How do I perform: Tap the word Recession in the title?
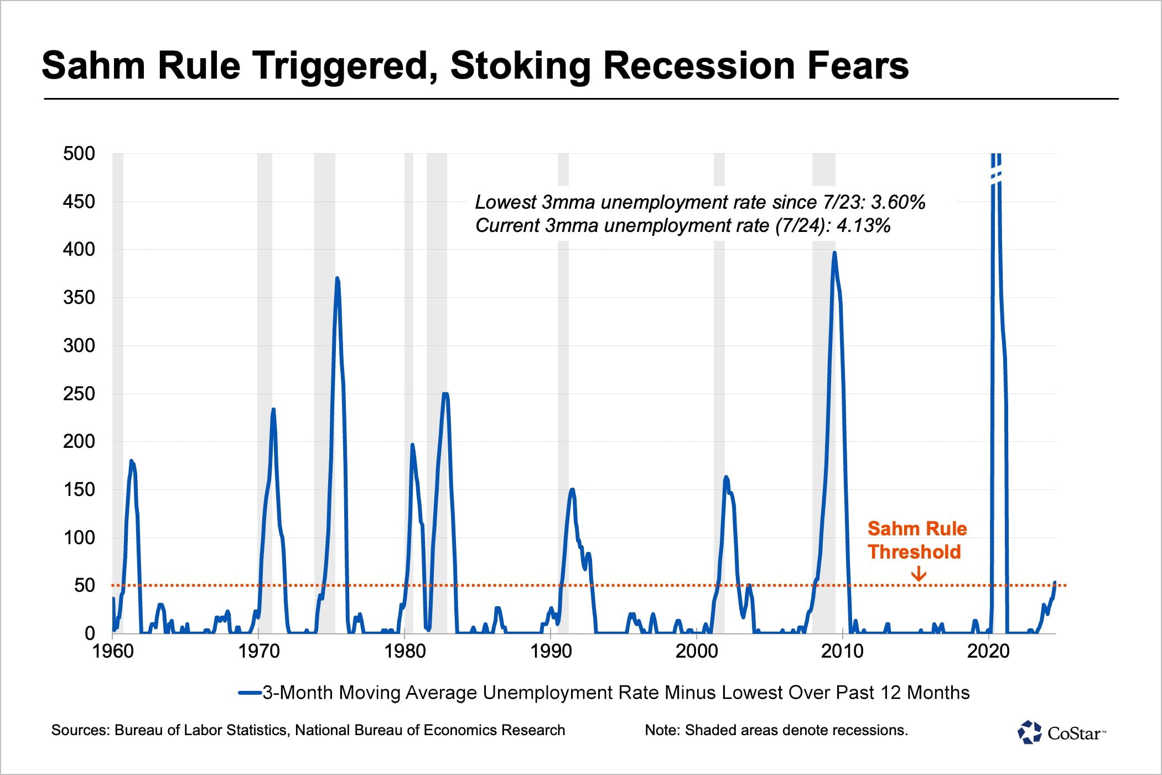[x=696, y=65]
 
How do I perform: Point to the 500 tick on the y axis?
[x=79, y=153]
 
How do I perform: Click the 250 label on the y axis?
[x=79, y=394]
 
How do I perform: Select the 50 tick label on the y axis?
[x=85, y=586]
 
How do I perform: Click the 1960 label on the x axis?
[x=113, y=652]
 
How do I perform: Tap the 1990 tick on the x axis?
[x=551, y=652]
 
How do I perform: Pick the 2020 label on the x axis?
[x=988, y=652]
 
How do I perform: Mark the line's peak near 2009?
[x=834, y=253]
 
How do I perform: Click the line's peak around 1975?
[x=337, y=278]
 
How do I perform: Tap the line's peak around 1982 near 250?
[x=445, y=394]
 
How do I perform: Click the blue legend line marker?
[x=250, y=693]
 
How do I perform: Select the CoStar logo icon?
[x=1030, y=732]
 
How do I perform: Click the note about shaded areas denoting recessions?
[x=776, y=730]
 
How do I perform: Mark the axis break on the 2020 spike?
[x=996, y=177]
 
